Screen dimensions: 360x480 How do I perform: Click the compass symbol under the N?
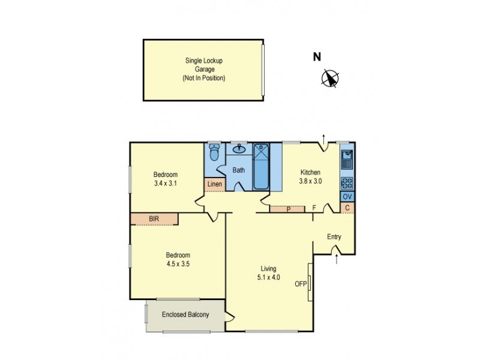click(x=330, y=78)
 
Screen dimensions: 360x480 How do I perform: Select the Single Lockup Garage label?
click(x=204, y=69)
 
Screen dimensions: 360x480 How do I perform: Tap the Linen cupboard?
click(x=214, y=184)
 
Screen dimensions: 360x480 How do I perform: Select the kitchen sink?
click(x=347, y=159)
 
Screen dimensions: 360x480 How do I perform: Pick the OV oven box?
click(x=347, y=197)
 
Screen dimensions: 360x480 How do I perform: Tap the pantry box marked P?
click(x=288, y=209)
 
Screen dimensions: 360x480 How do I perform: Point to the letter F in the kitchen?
click(x=314, y=208)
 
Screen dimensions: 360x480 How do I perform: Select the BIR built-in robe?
click(x=154, y=219)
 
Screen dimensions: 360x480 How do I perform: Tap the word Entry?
click(x=334, y=236)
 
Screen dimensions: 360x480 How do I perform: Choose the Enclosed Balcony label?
click(x=185, y=314)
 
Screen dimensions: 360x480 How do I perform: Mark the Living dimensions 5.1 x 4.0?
click(x=268, y=277)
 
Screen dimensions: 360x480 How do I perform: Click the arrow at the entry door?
click(x=337, y=259)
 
